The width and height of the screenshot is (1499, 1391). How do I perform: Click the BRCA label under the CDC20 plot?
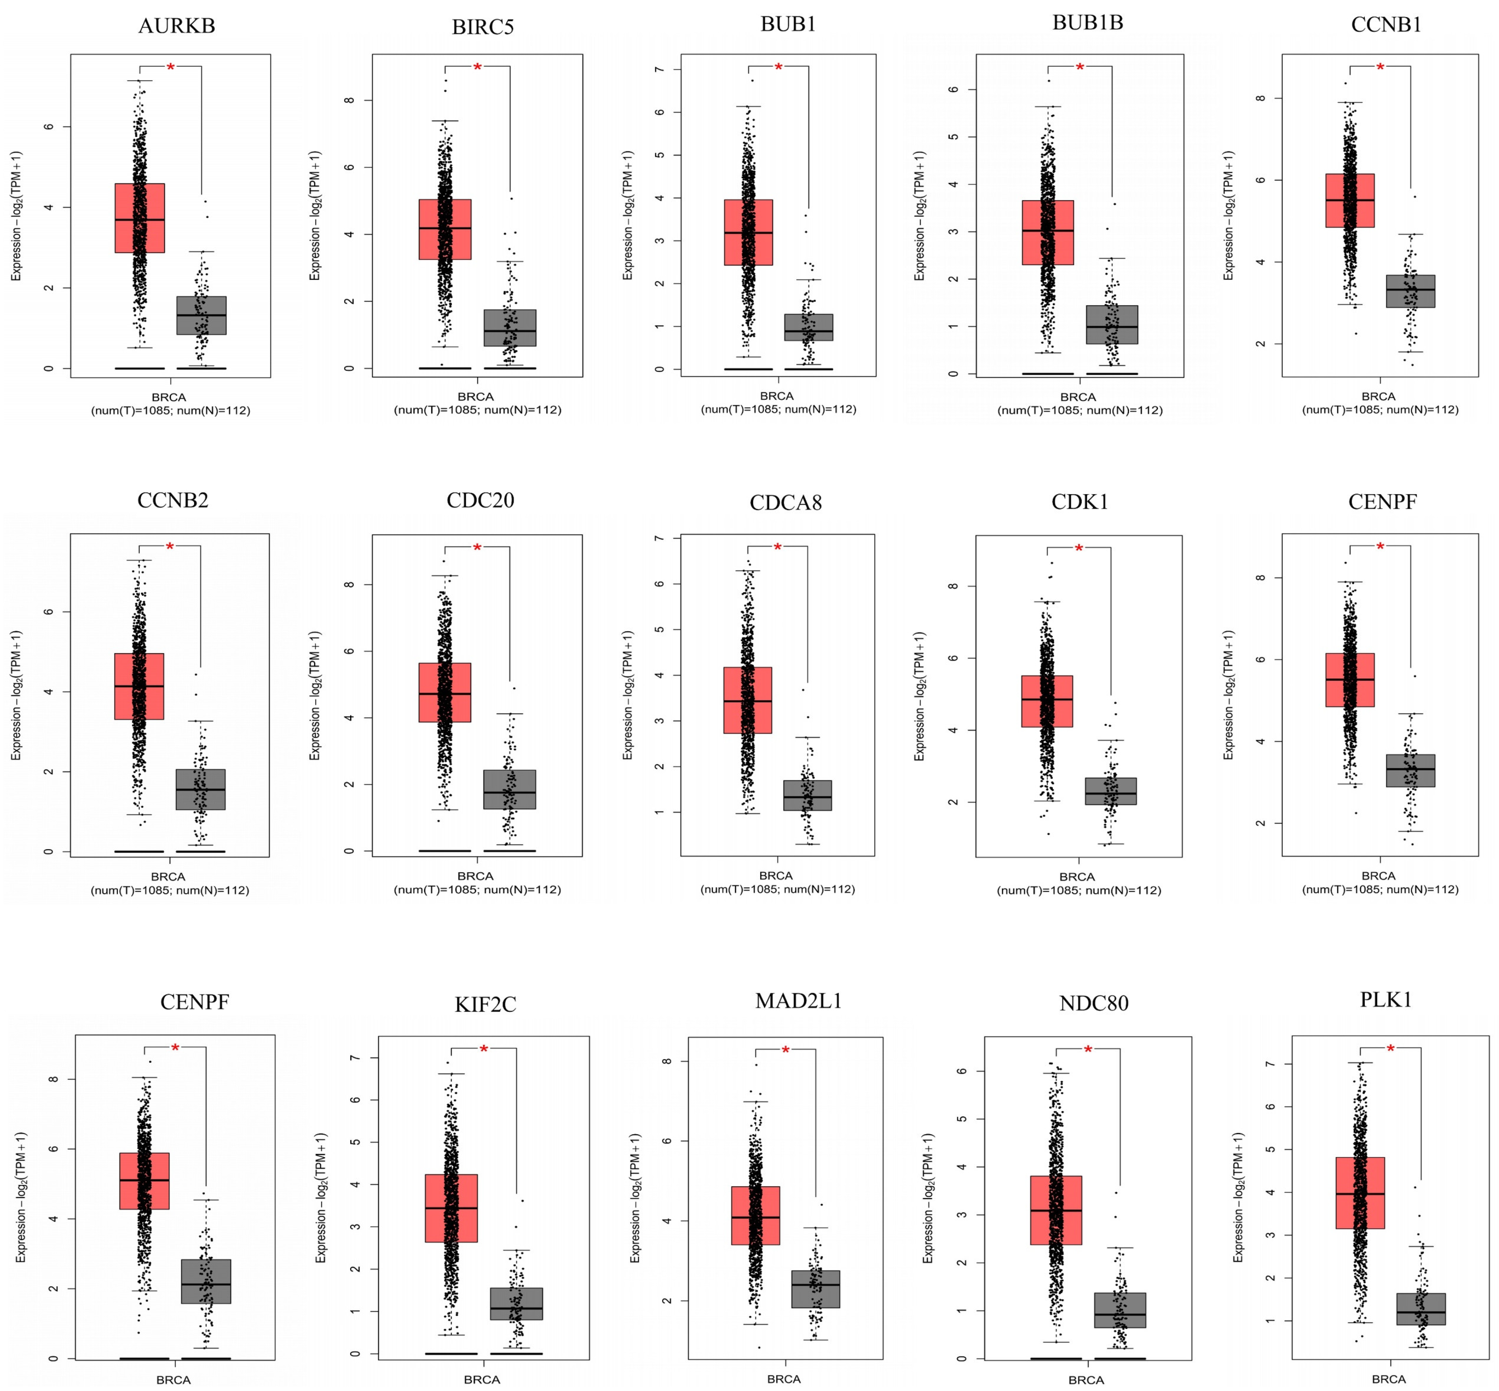(x=475, y=876)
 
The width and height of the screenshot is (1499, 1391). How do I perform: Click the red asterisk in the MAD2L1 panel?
(x=785, y=1050)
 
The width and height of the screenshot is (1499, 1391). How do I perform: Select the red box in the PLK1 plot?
(x=1360, y=1193)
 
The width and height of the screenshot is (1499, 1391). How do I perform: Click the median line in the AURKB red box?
(x=140, y=220)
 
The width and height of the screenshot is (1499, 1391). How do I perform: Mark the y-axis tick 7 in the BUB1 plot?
(x=659, y=69)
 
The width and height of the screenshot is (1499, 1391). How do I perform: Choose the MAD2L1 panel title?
(x=798, y=1001)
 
